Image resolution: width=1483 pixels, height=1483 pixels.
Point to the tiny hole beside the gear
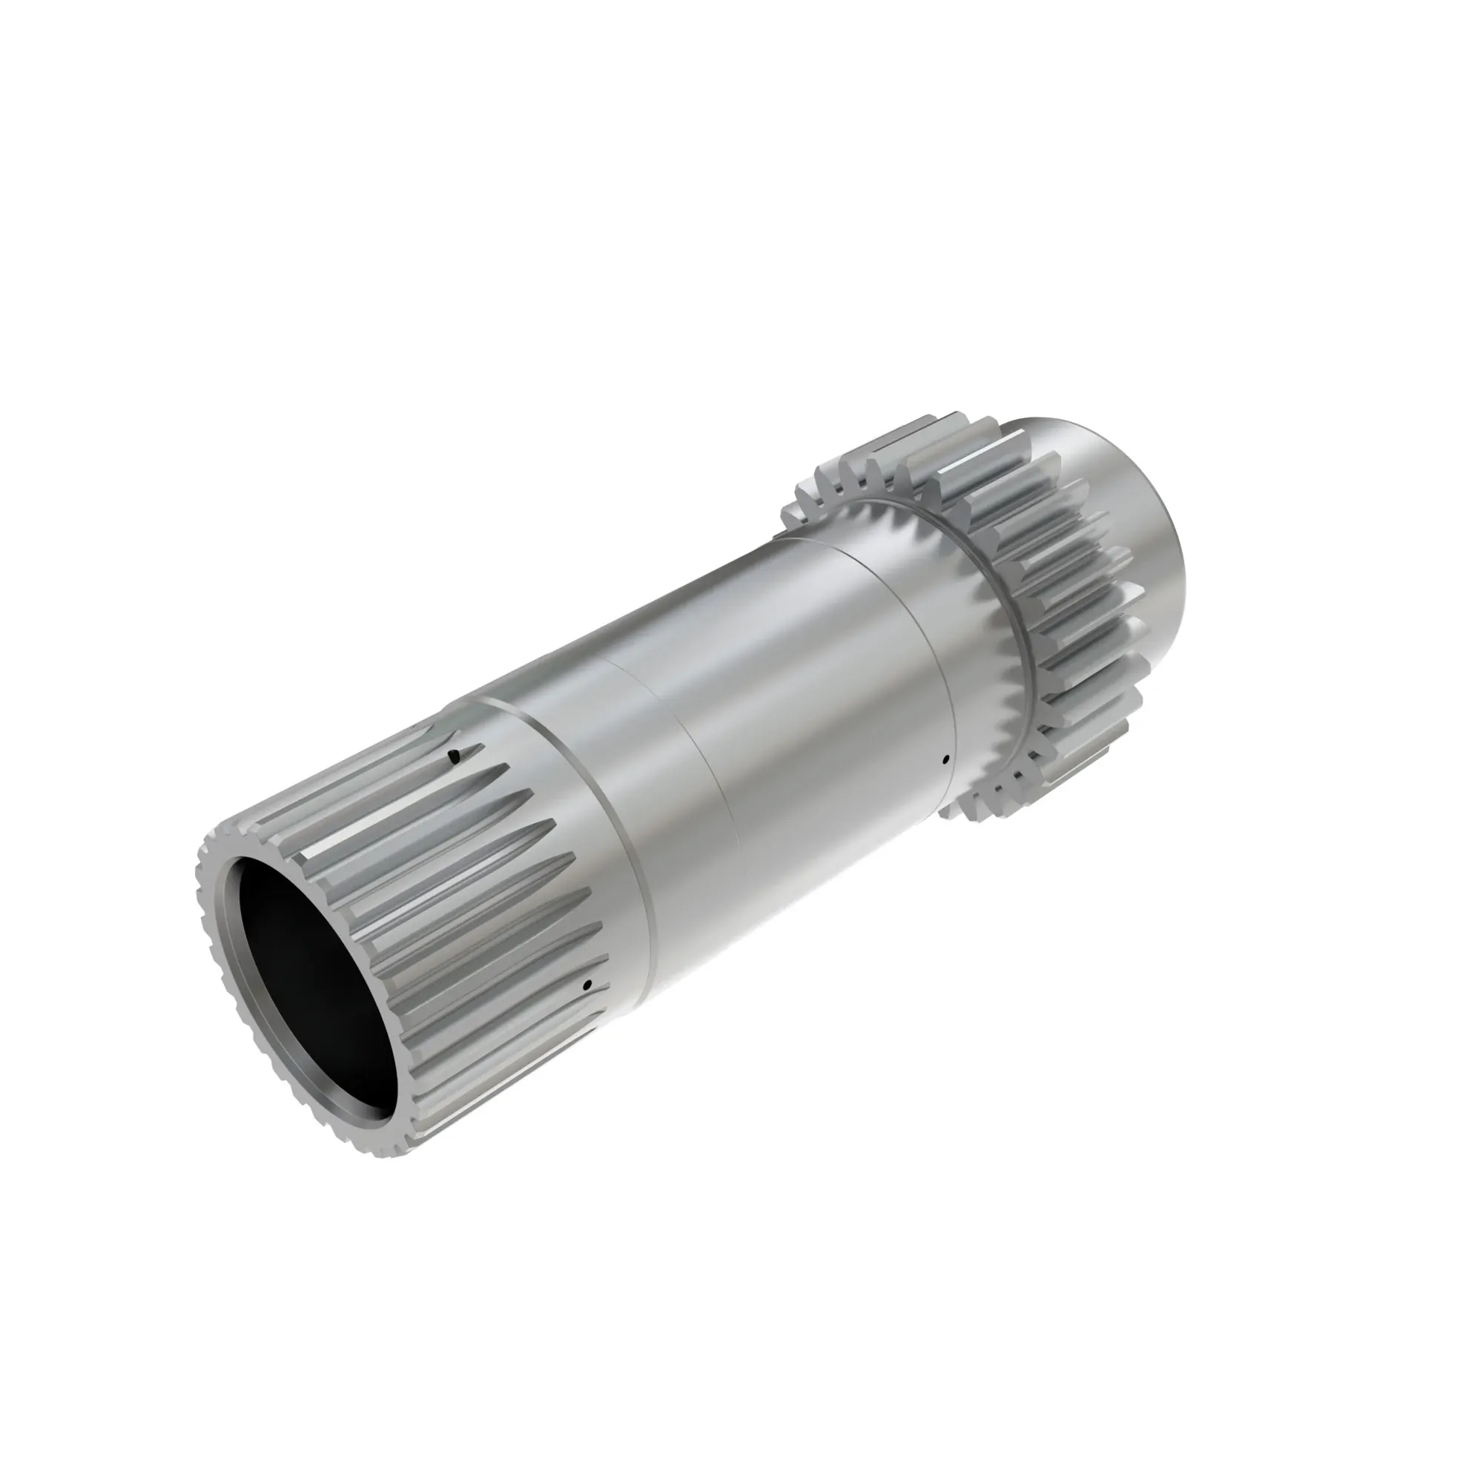[945, 760]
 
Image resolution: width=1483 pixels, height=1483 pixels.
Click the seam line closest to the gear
[906, 645]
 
